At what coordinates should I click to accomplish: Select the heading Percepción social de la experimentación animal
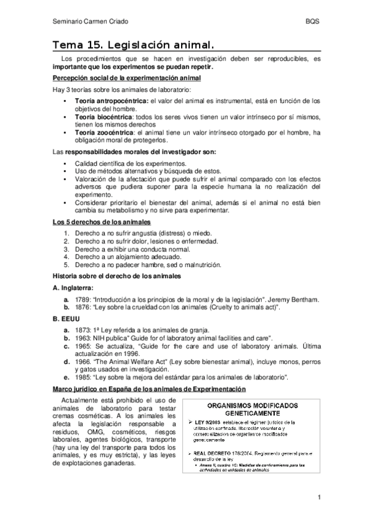[126, 78]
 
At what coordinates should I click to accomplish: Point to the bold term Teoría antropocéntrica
[111, 100]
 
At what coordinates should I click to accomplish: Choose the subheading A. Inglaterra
[73, 287]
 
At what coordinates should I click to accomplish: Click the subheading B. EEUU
[67, 319]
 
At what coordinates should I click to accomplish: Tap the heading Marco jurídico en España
[148, 389]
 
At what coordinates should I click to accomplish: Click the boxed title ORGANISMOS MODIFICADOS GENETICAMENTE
[253, 410]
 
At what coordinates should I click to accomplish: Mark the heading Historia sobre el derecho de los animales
[117, 276]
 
